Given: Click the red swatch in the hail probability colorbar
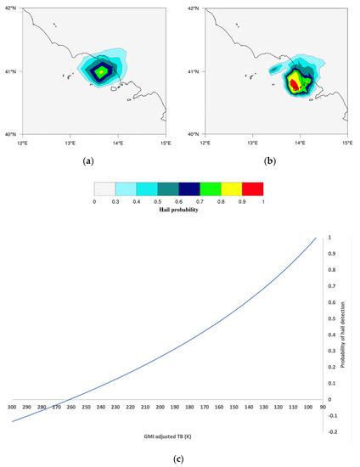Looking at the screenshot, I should (x=253, y=188).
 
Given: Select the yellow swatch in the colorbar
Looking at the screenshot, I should (x=232, y=188).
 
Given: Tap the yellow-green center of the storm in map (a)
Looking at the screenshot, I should (x=102, y=73).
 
